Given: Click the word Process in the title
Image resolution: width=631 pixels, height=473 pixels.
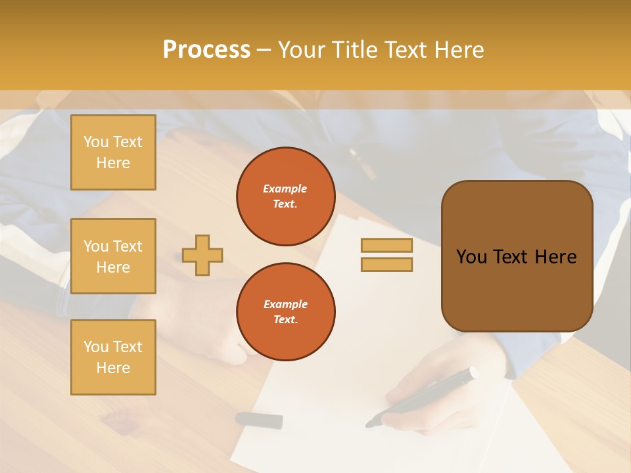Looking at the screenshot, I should tap(206, 50).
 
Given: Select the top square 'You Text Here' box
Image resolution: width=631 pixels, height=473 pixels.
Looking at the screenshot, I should tap(113, 152).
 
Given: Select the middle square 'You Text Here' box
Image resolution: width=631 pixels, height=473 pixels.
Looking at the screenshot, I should tap(113, 256).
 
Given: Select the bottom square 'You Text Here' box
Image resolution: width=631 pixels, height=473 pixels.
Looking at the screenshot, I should tap(113, 357).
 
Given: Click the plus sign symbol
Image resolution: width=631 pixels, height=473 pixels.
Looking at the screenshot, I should tap(202, 255).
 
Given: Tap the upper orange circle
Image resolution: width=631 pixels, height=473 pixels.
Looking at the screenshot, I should tap(285, 196).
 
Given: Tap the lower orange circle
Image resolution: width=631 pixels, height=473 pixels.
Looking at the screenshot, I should tap(285, 311).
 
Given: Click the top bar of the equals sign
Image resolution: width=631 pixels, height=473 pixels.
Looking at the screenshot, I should tap(386, 246).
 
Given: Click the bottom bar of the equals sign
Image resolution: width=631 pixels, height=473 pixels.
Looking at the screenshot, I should tap(386, 264).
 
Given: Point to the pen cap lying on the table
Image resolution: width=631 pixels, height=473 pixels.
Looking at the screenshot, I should tap(259, 420).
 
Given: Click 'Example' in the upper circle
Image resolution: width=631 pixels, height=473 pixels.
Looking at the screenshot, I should tap(285, 189).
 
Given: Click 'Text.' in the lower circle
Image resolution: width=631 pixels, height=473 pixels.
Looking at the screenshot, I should tap(285, 319).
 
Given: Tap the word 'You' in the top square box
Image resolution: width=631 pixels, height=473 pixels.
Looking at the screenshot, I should tap(95, 142).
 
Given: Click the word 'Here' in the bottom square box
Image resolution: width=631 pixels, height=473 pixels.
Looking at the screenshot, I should tap(113, 368).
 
